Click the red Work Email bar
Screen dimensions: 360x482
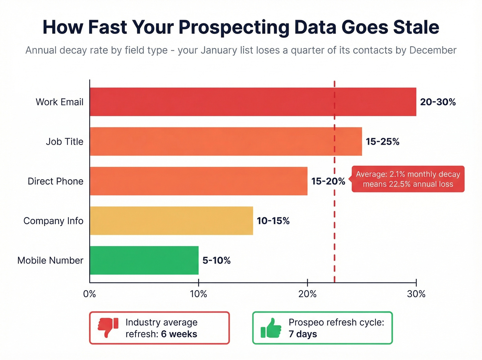253,102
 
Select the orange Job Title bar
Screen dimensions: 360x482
226,141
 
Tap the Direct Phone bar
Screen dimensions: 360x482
198,181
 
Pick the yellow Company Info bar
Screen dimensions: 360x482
171,220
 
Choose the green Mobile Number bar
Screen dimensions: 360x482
144,260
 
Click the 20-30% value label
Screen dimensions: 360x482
438,102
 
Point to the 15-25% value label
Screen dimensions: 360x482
382,142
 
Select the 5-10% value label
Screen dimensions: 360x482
216,260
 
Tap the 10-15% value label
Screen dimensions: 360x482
273,221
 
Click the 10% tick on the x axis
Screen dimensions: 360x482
199,294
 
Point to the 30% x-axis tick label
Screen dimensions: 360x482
416,294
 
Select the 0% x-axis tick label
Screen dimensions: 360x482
90,294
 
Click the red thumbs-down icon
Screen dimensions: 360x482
108,327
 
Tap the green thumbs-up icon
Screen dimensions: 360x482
271,328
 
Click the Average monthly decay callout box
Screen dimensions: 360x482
408,179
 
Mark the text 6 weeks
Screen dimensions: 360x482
179,334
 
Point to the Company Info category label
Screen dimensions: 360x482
53,221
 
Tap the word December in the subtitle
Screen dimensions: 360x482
433,50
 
